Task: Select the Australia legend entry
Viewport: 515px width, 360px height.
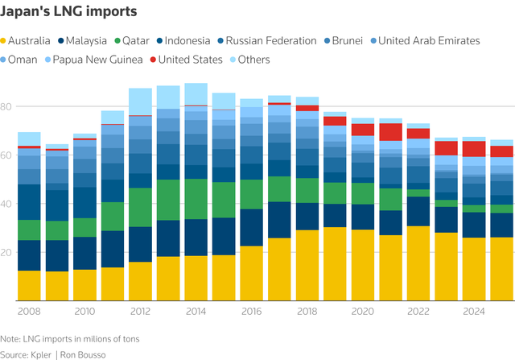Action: [x=31, y=40]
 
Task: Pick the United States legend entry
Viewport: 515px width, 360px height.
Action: [x=191, y=60]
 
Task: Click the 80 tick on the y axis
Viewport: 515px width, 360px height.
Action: [x=6, y=106]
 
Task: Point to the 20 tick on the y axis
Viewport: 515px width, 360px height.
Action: [x=6, y=252]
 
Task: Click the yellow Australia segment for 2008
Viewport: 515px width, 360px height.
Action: [x=30, y=285]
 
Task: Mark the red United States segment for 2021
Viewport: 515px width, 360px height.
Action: [x=391, y=132]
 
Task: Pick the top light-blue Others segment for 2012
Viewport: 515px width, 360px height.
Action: [x=140, y=101]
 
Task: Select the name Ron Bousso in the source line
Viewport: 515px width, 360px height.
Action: [x=91, y=354]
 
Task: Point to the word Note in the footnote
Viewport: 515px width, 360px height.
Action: [x=10, y=339]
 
